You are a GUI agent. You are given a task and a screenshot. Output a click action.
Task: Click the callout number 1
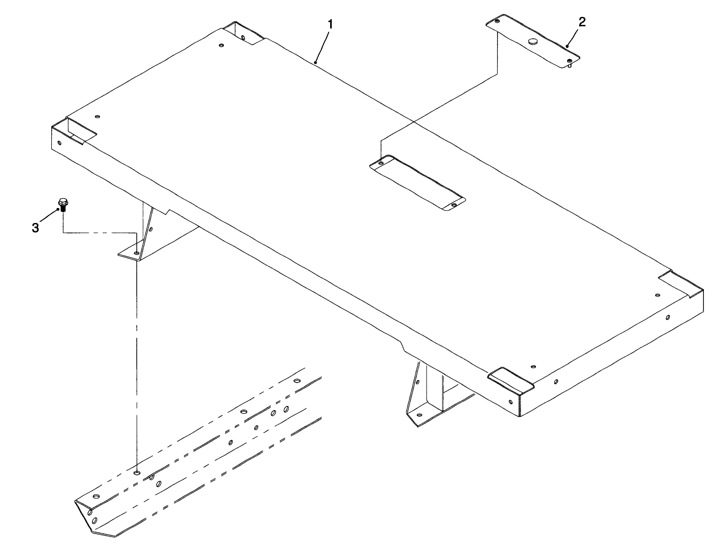coord(330,24)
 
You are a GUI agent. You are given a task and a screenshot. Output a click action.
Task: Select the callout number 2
coord(582,22)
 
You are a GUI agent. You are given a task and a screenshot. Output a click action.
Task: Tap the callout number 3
coord(35,228)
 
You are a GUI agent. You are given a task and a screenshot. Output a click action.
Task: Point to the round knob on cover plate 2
coord(533,41)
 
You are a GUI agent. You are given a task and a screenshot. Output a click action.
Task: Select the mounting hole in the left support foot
coord(136,253)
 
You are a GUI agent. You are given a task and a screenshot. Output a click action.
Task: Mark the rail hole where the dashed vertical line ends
coord(137,473)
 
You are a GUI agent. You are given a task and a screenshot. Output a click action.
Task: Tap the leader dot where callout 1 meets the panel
coord(315,62)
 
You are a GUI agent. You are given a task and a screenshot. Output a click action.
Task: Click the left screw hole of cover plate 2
coord(497,22)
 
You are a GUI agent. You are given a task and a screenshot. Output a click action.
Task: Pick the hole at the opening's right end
coord(454,205)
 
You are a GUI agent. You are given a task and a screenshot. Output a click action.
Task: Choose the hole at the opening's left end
coord(381,163)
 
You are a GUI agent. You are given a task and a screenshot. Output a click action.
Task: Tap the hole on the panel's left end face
coord(60,143)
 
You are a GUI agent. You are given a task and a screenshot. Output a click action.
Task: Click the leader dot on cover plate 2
coord(568,46)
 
